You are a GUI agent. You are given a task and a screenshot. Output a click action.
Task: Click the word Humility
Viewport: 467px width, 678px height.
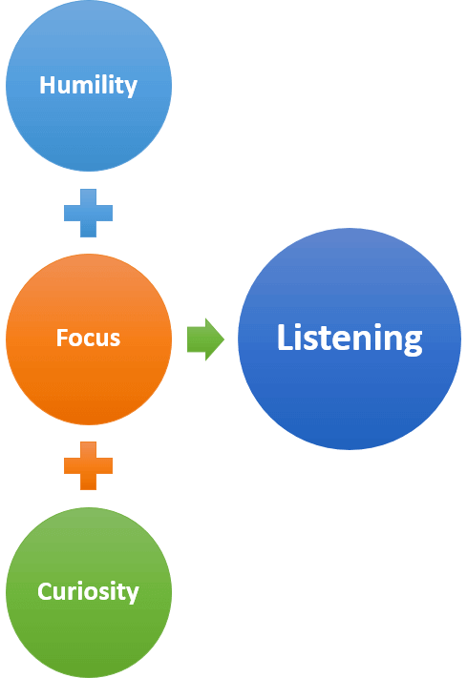pyautogui.click(x=89, y=85)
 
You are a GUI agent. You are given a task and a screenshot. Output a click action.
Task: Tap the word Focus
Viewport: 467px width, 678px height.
pyautogui.click(x=89, y=338)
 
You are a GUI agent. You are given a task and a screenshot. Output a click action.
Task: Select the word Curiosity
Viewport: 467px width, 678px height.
pyautogui.click(x=89, y=591)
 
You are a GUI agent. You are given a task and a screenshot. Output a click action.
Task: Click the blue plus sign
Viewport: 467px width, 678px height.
pyautogui.click(x=89, y=213)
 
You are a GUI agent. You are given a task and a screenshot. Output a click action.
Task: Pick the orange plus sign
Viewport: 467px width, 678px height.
pyautogui.click(x=89, y=465)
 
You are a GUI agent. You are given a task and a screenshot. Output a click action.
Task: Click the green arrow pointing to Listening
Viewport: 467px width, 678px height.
pyautogui.click(x=205, y=339)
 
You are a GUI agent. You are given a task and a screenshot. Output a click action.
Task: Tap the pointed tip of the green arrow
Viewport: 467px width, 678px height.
pyautogui.click(x=224, y=339)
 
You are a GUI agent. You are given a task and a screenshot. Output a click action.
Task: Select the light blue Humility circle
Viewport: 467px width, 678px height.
pyautogui.click(x=89, y=86)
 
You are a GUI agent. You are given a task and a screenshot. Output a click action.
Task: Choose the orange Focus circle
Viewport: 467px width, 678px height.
pyautogui.click(x=89, y=339)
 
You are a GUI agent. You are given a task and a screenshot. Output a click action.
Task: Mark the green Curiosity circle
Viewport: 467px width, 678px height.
pyautogui.click(x=89, y=592)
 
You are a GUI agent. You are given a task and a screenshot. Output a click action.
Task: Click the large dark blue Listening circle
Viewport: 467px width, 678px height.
pyautogui.click(x=350, y=339)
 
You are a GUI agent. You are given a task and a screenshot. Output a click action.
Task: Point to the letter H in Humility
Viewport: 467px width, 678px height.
pyautogui.click(x=47, y=85)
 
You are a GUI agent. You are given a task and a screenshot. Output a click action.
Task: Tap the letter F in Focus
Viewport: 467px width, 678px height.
pyautogui.click(x=62, y=338)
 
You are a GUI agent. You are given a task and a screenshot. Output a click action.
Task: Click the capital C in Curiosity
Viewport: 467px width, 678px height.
pyautogui.click(x=45, y=591)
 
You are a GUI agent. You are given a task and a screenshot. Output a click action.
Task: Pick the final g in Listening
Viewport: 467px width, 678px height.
pyautogui.click(x=413, y=343)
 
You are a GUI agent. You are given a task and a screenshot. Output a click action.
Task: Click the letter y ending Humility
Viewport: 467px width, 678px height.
pyautogui.click(x=130, y=89)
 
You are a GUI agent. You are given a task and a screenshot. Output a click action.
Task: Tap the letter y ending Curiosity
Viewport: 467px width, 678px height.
pyautogui.click(x=132, y=595)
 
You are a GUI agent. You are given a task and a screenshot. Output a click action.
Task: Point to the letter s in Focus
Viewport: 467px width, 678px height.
pyautogui.click(x=115, y=340)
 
